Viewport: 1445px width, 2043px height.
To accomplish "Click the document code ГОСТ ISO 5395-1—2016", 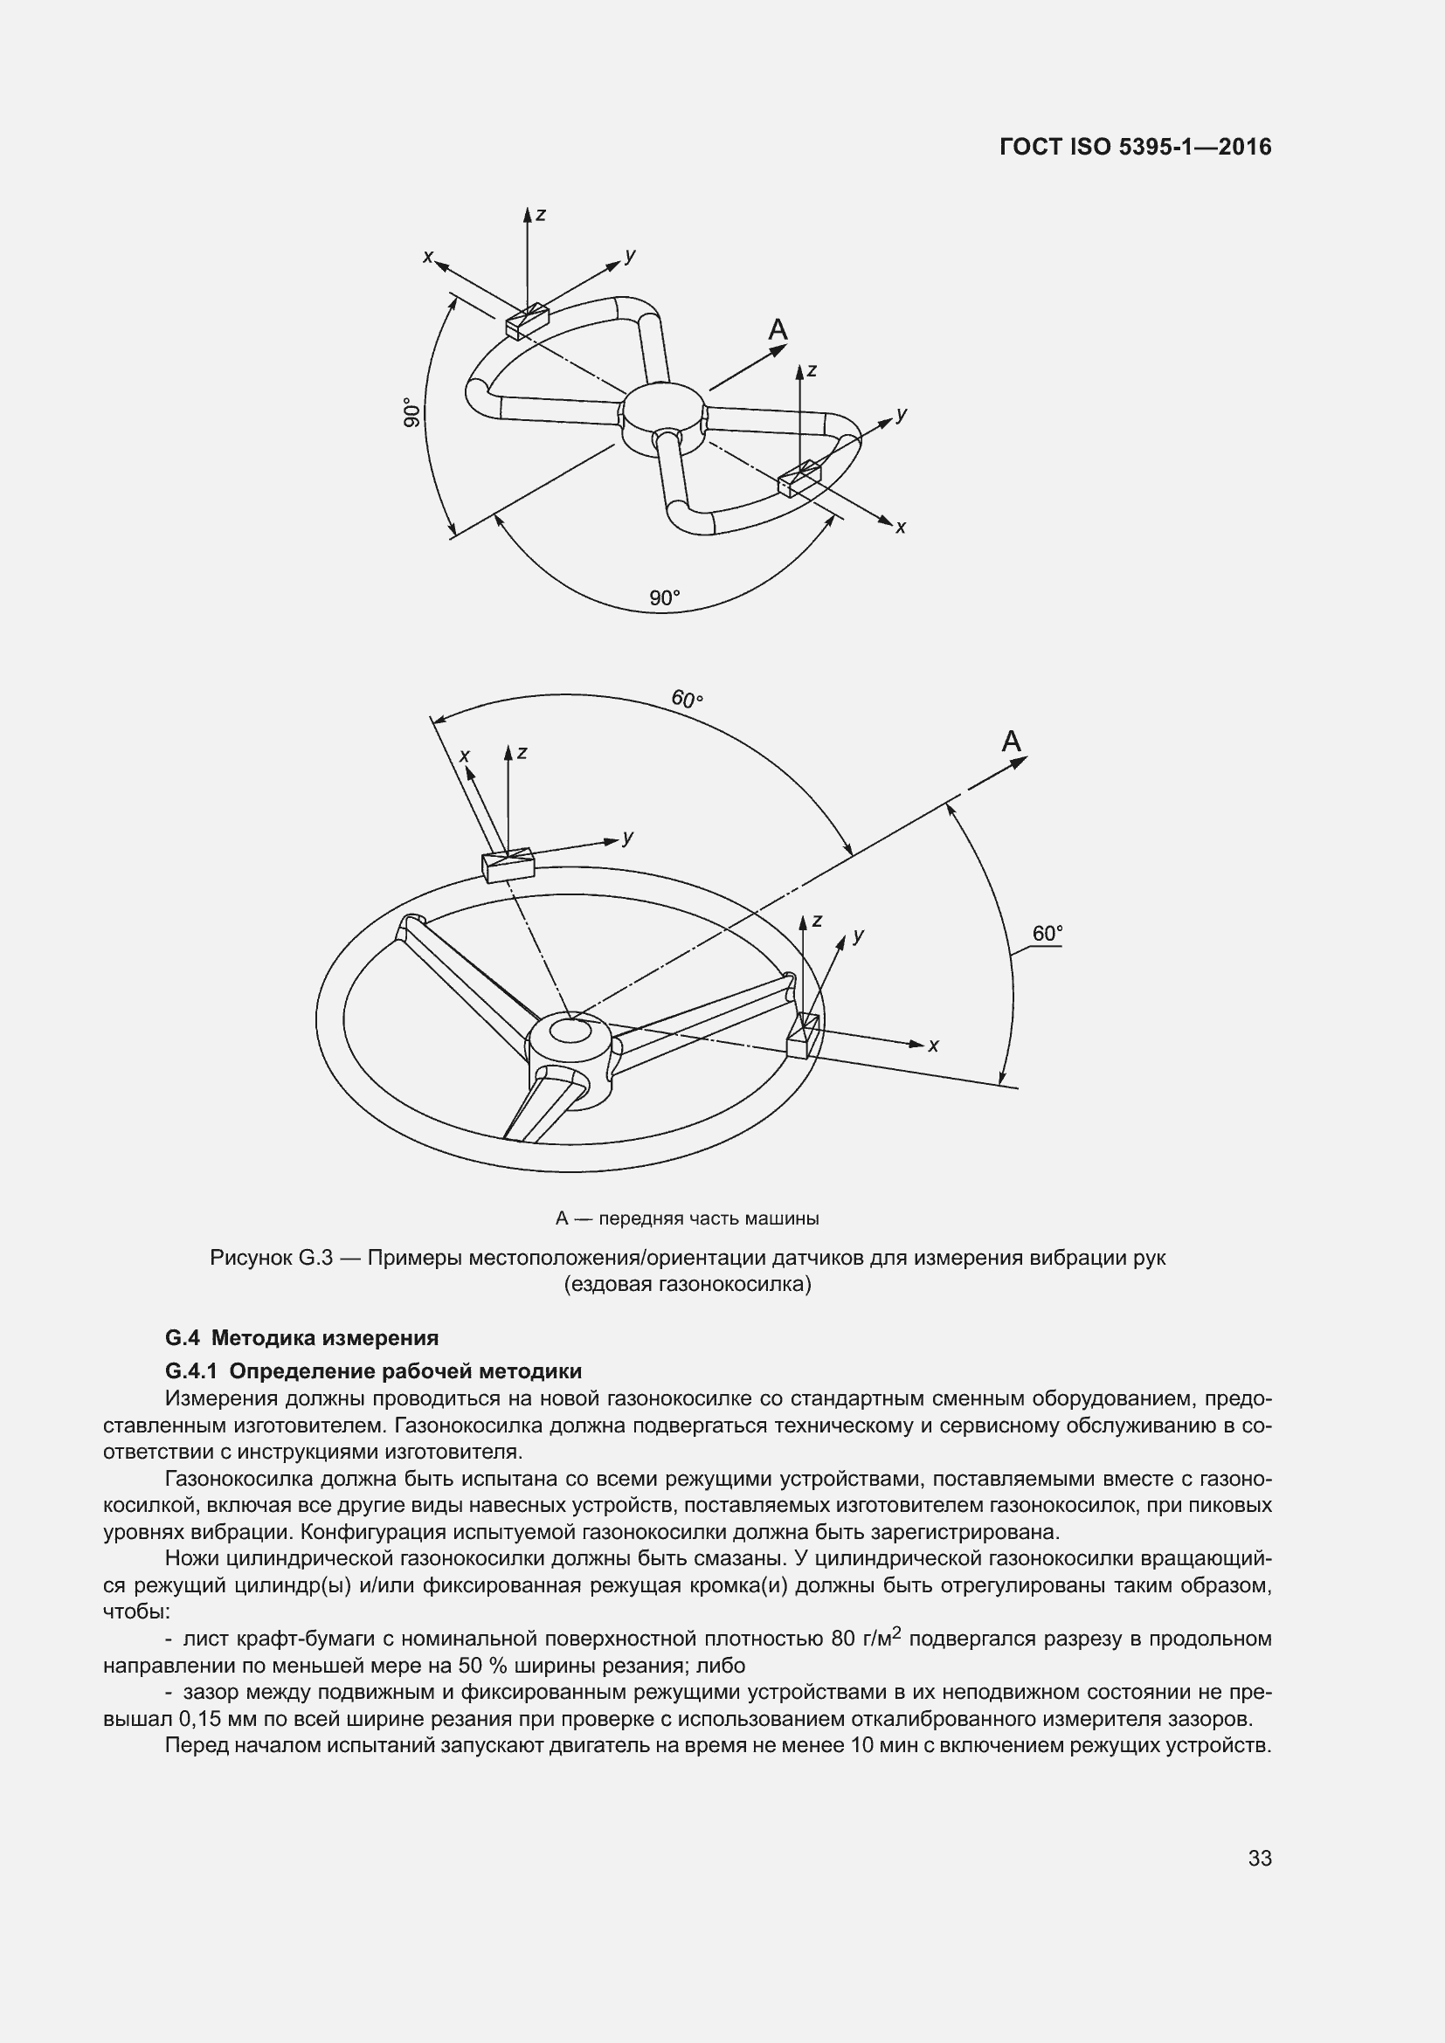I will (1136, 147).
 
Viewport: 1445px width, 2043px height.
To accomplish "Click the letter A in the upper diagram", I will (778, 330).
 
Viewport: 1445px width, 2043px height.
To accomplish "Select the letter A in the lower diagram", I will (1012, 742).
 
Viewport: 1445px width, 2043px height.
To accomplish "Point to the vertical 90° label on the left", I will (411, 413).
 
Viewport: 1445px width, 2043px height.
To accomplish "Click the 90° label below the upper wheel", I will (664, 598).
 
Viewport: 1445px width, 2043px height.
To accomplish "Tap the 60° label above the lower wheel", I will (687, 700).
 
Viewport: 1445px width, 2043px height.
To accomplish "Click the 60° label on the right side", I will (1047, 934).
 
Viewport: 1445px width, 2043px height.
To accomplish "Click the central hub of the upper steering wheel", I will (663, 416).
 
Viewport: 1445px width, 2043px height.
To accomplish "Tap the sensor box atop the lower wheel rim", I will (508, 865).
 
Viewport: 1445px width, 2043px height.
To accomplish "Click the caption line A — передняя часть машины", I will (687, 1218).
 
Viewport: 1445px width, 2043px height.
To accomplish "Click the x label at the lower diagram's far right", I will (933, 1046).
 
